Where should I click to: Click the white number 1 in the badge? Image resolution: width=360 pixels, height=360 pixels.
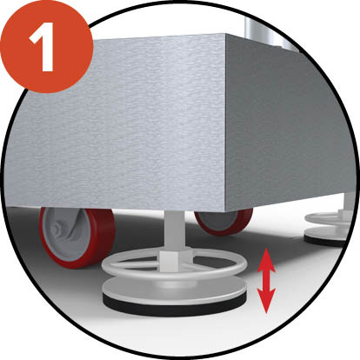click(x=43, y=46)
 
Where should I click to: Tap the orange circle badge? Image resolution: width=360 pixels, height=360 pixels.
click(x=46, y=46)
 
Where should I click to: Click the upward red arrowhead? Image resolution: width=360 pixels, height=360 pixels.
click(x=266, y=260)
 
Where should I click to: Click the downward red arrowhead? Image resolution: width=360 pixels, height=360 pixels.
click(x=266, y=301)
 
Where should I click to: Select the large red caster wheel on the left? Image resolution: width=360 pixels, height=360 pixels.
click(x=77, y=237)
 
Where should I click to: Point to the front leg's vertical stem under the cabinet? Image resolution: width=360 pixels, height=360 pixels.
click(x=173, y=230)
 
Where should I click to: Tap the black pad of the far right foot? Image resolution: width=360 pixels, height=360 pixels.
click(x=324, y=241)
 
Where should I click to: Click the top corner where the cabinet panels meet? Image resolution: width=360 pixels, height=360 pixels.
click(x=225, y=34)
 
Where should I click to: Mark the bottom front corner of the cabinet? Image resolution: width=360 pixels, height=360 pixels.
click(x=225, y=210)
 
